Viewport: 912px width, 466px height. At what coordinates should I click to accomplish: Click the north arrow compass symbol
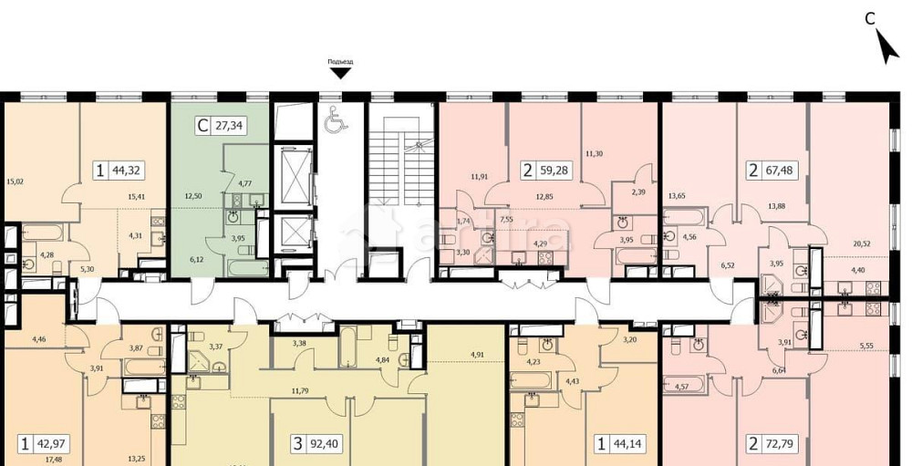[x=886, y=45]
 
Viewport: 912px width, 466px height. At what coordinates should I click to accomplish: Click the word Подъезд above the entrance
[x=339, y=62]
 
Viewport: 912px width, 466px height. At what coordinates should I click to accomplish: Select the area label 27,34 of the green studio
[x=228, y=128]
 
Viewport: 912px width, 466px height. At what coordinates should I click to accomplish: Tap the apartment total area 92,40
[x=316, y=445]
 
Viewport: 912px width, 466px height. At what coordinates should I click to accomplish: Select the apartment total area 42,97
[x=51, y=445]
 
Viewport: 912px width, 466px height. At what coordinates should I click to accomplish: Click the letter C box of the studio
[x=201, y=128]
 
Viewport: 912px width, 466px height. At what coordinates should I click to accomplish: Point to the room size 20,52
[x=860, y=243]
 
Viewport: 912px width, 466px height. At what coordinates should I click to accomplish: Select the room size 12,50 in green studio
[x=193, y=195]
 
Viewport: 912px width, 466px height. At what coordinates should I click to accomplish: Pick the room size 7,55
[x=507, y=220]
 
